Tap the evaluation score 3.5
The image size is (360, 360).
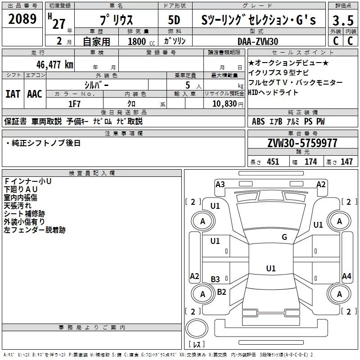(342, 21)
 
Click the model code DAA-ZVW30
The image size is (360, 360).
(258, 41)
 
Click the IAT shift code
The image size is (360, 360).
(13, 94)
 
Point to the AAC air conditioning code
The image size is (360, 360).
(35, 94)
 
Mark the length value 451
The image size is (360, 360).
(273, 162)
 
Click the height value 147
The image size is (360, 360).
(346, 162)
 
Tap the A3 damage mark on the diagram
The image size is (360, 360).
(220, 184)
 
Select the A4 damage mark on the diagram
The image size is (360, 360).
(346, 276)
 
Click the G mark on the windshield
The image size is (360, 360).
(284, 237)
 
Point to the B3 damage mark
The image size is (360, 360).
(216, 279)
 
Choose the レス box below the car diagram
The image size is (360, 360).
(197, 345)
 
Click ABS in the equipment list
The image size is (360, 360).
(258, 121)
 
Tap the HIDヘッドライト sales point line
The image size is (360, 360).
(274, 92)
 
